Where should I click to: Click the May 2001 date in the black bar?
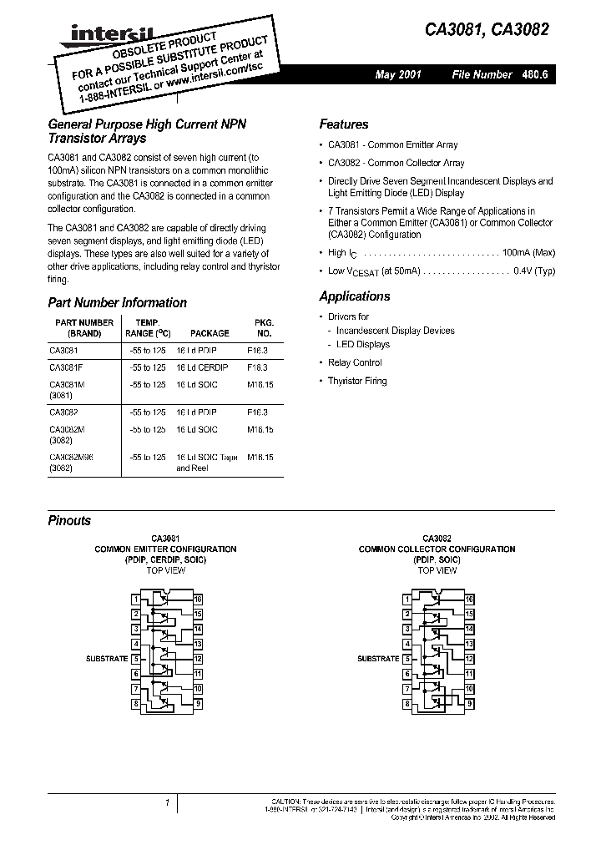tap(398, 75)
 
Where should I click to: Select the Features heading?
tap(343, 124)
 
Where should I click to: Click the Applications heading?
tap(355, 296)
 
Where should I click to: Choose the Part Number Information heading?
tap(117, 303)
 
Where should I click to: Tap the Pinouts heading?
tap(69, 520)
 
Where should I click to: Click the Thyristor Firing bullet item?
tap(357, 381)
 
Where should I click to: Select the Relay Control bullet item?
tap(355, 362)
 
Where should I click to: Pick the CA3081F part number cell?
tap(66, 367)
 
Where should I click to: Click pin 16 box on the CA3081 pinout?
tap(198, 600)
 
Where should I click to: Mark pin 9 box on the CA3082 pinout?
tap(470, 705)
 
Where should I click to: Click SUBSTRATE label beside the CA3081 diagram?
tap(107, 659)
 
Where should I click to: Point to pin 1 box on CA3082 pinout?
tap(407, 600)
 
